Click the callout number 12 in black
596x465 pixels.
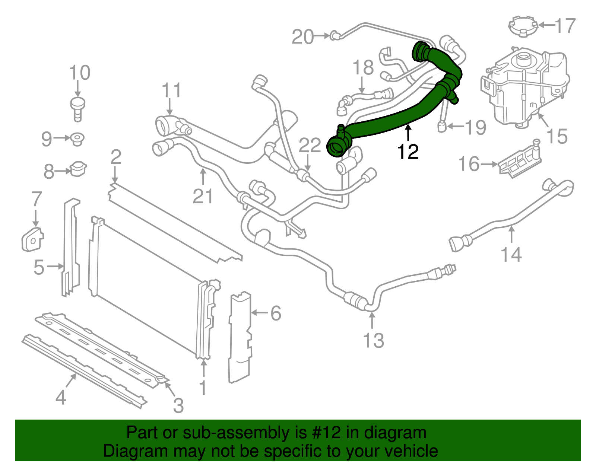(408, 152)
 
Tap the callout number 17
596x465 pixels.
(565, 26)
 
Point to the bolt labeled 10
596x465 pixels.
(77, 108)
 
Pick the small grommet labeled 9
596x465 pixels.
(77, 139)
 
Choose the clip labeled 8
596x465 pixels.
(78, 169)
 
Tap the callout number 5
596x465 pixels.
(39, 267)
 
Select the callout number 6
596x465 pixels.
(276, 313)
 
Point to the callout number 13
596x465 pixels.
(373, 340)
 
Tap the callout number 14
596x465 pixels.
(511, 255)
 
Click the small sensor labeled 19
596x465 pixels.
(442, 126)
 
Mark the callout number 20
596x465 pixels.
(302, 37)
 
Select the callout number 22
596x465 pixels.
(310, 145)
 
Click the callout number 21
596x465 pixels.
(203, 196)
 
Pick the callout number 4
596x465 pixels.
(61, 398)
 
